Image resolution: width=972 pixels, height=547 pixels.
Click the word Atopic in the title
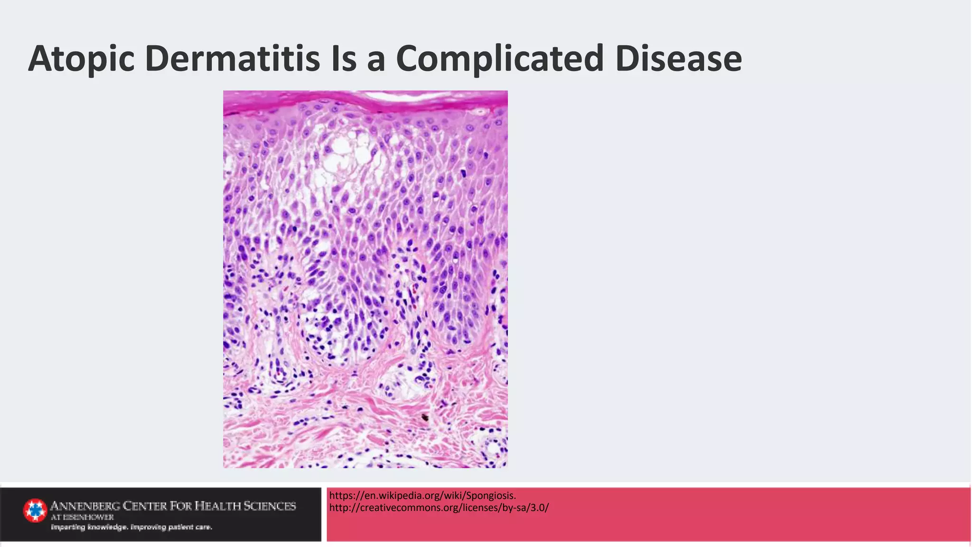pos(81,59)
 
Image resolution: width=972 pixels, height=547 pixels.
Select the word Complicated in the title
pos(500,59)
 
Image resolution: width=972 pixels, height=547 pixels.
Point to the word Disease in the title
pos(678,59)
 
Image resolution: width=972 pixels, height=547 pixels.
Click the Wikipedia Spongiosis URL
pos(422,496)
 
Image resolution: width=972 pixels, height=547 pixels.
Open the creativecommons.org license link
pos(439,508)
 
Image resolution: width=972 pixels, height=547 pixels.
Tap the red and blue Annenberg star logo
pos(35,510)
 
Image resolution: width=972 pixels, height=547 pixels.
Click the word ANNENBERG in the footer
pos(85,506)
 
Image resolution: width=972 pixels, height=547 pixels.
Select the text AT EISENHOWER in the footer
pos(82,517)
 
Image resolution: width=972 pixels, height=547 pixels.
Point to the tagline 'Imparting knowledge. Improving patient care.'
pos(131,527)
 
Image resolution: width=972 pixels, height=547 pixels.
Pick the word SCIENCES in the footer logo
pos(270,506)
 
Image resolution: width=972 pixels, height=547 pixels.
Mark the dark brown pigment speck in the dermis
pos(425,418)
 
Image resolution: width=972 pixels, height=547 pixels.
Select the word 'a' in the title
pos(375,59)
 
